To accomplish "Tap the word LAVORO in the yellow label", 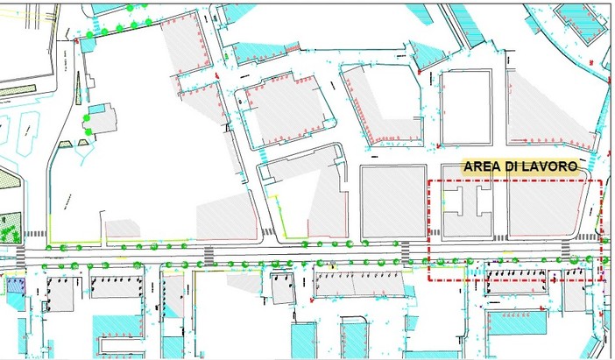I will tap(548, 166).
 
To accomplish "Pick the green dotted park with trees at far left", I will tap(10, 230).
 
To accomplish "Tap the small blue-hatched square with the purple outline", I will tap(16, 285).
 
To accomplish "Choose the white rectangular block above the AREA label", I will tap(469, 107).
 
